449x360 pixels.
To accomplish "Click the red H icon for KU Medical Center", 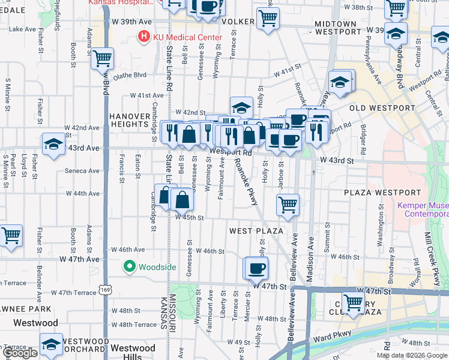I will (x=144, y=37).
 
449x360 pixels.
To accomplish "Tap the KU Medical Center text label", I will (x=187, y=37).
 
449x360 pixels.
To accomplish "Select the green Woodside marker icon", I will (x=129, y=266).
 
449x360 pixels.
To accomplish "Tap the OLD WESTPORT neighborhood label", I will (x=382, y=108).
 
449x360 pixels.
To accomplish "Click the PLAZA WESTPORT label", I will (x=382, y=193).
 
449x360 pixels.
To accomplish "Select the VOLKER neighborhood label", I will (x=238, y=22).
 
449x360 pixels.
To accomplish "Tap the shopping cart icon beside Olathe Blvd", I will (x=103, y=59).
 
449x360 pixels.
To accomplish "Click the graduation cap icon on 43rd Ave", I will (x=53, y=145).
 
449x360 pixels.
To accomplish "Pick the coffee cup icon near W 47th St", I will (x=257, y=268).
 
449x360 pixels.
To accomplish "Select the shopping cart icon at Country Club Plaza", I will (x=354, y=302).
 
